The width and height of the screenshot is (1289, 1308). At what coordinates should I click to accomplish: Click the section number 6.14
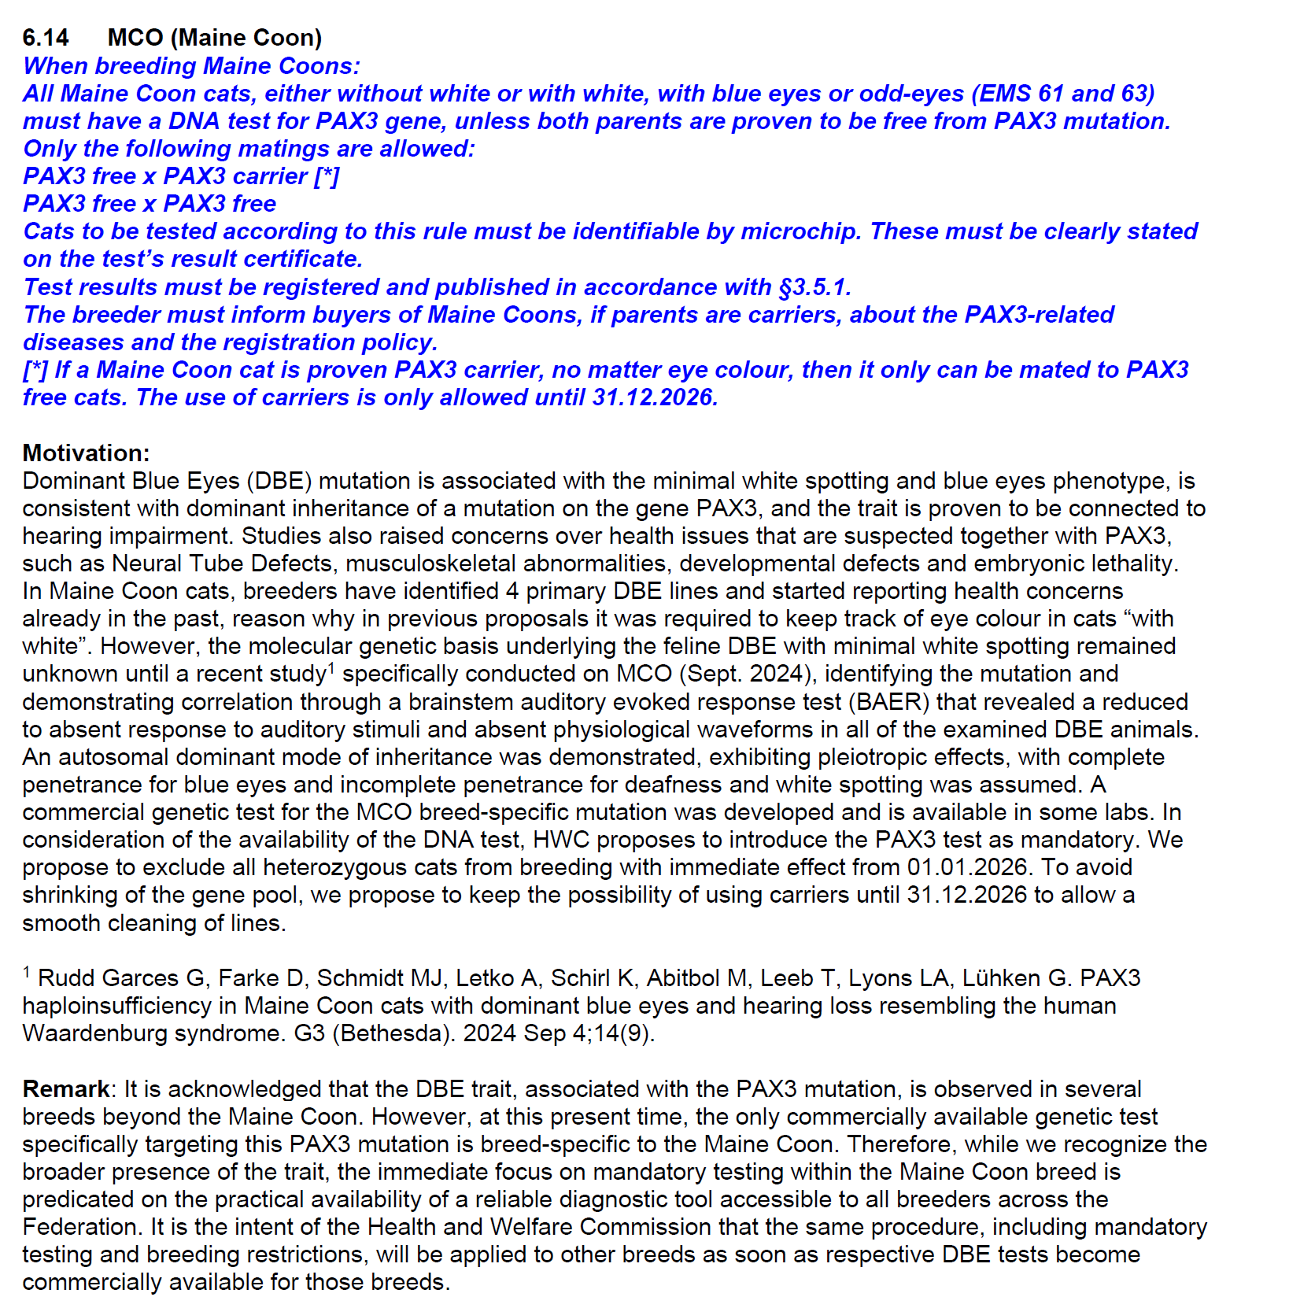[46, 38]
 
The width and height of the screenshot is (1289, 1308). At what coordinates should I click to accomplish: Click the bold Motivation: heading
[86, 453]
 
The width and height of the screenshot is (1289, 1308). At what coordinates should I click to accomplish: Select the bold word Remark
[66, 1089]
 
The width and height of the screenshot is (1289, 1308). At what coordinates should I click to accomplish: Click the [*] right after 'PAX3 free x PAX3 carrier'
[327, 176]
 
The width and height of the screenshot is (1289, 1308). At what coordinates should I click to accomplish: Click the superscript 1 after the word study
[331, 668]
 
